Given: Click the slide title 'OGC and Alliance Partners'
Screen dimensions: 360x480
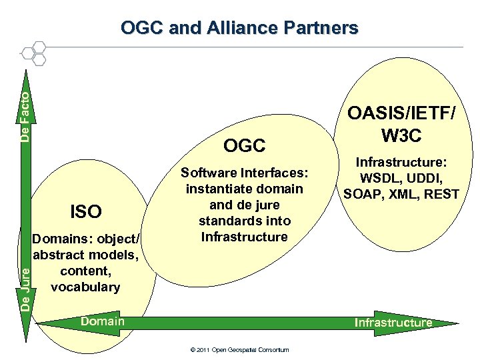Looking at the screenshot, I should (239, 28).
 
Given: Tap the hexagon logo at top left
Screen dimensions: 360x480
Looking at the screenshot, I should (34, 53).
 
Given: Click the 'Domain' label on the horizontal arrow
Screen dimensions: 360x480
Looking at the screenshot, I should (102, 321).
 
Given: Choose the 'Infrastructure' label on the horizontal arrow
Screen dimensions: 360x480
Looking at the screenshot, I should (393, 323).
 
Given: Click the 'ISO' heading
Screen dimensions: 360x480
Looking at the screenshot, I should (86, 212).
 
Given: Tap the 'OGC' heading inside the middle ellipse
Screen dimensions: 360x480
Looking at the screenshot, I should (245, 145).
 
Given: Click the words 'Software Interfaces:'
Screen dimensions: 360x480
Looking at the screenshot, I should (245, 173).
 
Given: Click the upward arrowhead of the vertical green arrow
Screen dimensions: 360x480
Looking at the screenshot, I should (25, 77).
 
